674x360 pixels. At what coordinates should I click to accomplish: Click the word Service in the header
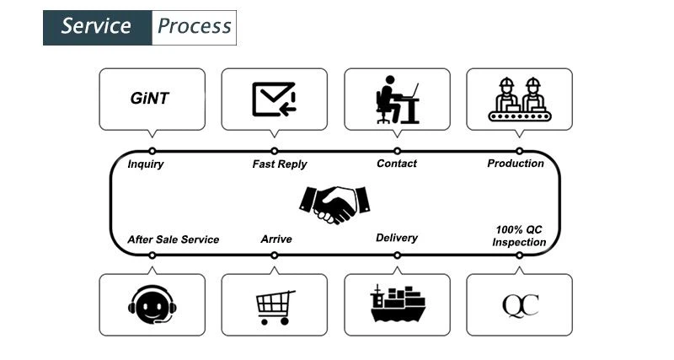tap(97, 26)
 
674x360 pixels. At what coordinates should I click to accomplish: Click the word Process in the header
tap(194, 26)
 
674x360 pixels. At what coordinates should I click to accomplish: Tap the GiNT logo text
tap(150, 99)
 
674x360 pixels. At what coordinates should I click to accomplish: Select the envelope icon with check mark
tap(274, 99)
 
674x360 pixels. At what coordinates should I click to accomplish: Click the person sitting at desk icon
tap(396, 99)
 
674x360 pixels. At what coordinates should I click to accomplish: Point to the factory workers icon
tap(519, 99)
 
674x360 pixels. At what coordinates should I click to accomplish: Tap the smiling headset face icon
tap(152, 305)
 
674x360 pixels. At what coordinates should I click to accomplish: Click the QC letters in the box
tap(520, 304)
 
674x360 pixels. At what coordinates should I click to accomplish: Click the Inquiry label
tap(146, 164)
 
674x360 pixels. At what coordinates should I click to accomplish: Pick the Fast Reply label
tap(280, 164)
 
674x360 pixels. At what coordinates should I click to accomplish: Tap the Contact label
tap(396, 164)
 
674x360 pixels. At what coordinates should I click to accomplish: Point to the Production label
tap(516, 164)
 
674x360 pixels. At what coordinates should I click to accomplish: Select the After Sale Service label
tap(173, 239)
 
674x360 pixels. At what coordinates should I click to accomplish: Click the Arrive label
tap(276, 239)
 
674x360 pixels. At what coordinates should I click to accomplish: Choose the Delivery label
tap(396, 238)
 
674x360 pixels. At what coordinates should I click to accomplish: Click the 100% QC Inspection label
tap(519, 235)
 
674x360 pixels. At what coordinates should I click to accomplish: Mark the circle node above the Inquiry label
tap(152, 151)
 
